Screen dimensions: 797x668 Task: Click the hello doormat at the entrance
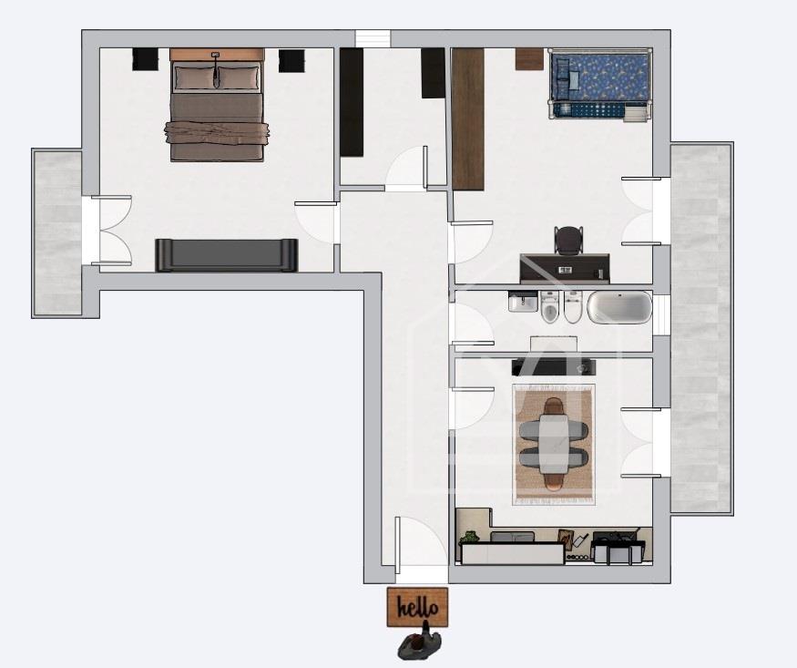(417, 607)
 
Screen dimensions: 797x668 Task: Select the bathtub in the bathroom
(619, 307)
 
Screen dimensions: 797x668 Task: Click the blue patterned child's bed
(599, 85)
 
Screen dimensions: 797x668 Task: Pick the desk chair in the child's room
(568, 240)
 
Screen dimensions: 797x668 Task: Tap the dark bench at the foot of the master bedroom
(226, 254)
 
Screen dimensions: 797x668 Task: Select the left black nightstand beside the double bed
(146, 59)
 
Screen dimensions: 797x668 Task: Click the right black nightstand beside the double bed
(291, 60)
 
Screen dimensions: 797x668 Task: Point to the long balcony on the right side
(701, 328)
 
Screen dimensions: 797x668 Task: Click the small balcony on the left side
(57, 232)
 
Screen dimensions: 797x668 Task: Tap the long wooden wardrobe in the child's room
(467, 119)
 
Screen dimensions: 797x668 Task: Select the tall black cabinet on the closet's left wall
(352, 102)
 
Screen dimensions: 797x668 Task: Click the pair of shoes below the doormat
(419, 644)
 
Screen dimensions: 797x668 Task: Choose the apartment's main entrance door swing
(414, 541)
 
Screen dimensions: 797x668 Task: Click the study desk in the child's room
(565, 269)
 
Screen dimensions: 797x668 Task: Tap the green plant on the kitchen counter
(469, 537)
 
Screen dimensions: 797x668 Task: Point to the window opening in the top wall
(373, 39)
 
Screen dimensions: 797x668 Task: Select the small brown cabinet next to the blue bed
(529, 59)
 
